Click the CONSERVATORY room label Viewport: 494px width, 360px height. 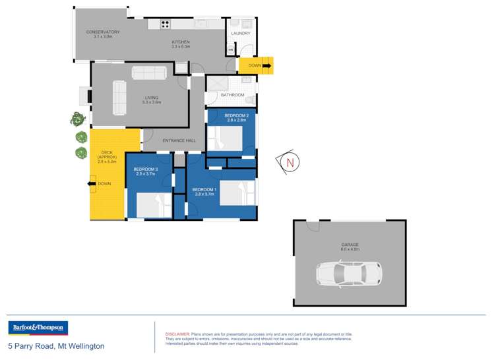point(102,32)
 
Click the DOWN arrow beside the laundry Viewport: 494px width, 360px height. point(266,65)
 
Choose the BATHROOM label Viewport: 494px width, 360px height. point(232,95)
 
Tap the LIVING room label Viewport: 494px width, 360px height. point(152,99)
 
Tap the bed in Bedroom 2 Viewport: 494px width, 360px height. point(225,138)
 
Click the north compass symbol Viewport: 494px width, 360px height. point(288,161)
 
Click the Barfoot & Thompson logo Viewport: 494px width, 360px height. point(38,328)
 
